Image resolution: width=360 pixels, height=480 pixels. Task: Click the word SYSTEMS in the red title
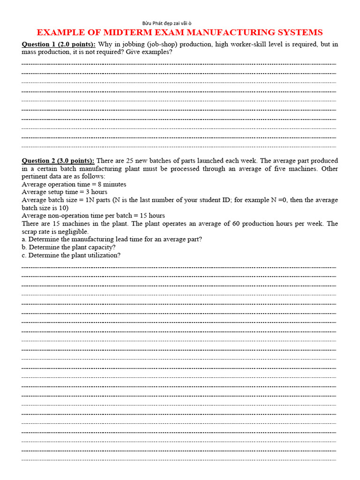point(299,32)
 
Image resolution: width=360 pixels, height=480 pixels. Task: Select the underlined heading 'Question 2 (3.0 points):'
point(58,161)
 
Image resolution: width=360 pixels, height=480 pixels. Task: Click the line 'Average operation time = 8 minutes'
point(74,184)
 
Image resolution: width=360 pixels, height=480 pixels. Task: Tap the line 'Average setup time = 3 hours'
point(65,192)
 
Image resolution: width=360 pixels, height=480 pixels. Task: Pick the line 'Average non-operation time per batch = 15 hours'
point(93,216)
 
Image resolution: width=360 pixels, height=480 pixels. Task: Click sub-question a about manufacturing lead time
point(112,239)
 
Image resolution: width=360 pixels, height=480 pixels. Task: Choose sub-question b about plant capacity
point(68,247)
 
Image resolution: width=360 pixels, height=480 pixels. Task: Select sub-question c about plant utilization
point(71,255)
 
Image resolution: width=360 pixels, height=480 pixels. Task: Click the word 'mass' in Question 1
point(29,52)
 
